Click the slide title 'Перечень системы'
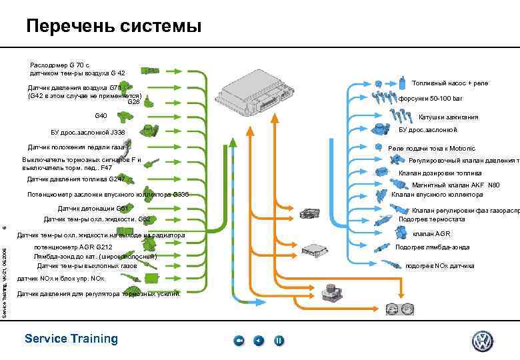point(113,26)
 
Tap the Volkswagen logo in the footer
point(483,341)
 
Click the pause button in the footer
point(279,341)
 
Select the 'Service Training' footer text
point(71,339)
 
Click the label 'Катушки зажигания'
point(448,117)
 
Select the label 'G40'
point(101,116)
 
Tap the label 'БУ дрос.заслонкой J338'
point(83,131)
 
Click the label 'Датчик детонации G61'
point(93,208)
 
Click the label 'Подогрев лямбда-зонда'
point(432,247)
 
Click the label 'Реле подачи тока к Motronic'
point(431,148)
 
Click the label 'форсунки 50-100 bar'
point(430,99)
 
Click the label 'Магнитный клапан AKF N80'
point(455,185)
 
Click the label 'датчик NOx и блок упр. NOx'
point(61,277)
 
